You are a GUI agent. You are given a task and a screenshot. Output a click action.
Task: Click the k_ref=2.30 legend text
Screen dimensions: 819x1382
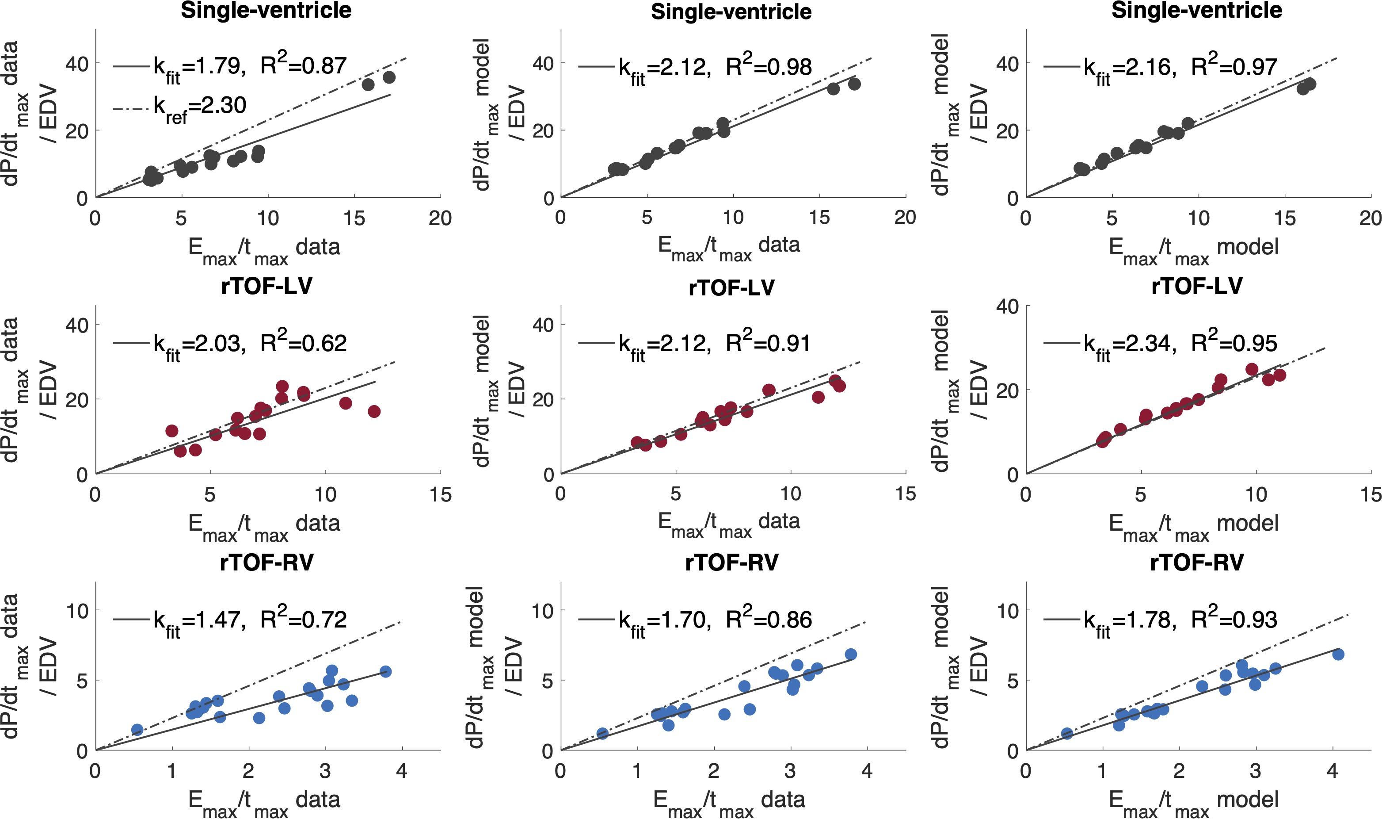point(200,106)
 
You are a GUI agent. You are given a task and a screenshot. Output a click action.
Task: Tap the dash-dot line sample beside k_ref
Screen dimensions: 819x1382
point(131,109)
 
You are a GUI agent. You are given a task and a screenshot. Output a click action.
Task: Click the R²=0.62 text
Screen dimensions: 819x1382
point(303,343)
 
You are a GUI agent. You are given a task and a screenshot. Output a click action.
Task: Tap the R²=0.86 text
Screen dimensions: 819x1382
point(769,619)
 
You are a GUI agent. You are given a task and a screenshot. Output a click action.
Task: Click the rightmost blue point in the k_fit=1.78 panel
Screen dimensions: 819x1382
point(1338,654)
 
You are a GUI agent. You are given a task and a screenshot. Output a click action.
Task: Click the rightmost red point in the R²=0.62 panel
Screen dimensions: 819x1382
point(374,411)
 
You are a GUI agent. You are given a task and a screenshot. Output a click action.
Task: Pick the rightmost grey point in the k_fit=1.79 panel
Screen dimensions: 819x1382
point(389,78)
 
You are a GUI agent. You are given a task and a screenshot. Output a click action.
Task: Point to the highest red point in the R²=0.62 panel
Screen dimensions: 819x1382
point(282,387)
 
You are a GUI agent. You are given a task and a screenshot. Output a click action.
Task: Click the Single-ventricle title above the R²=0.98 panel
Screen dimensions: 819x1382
point(731,11)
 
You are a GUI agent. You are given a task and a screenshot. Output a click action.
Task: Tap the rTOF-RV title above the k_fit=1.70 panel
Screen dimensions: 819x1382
point(731,563)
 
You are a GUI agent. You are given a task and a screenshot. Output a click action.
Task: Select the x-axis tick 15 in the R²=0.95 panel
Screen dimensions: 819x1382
point(1371,494)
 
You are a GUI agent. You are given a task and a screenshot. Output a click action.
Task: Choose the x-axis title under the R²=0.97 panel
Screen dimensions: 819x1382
point(1193,248)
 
